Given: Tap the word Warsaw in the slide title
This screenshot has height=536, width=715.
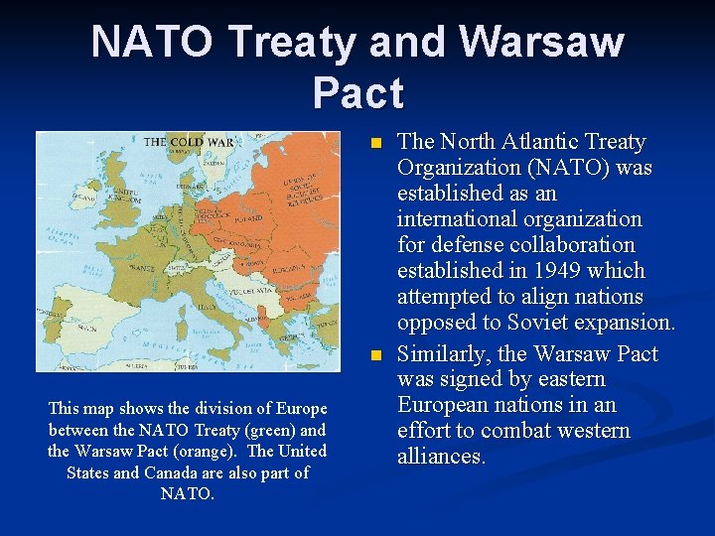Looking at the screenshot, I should point(544,43).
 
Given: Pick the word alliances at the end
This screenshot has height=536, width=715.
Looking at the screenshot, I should point(441,457).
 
